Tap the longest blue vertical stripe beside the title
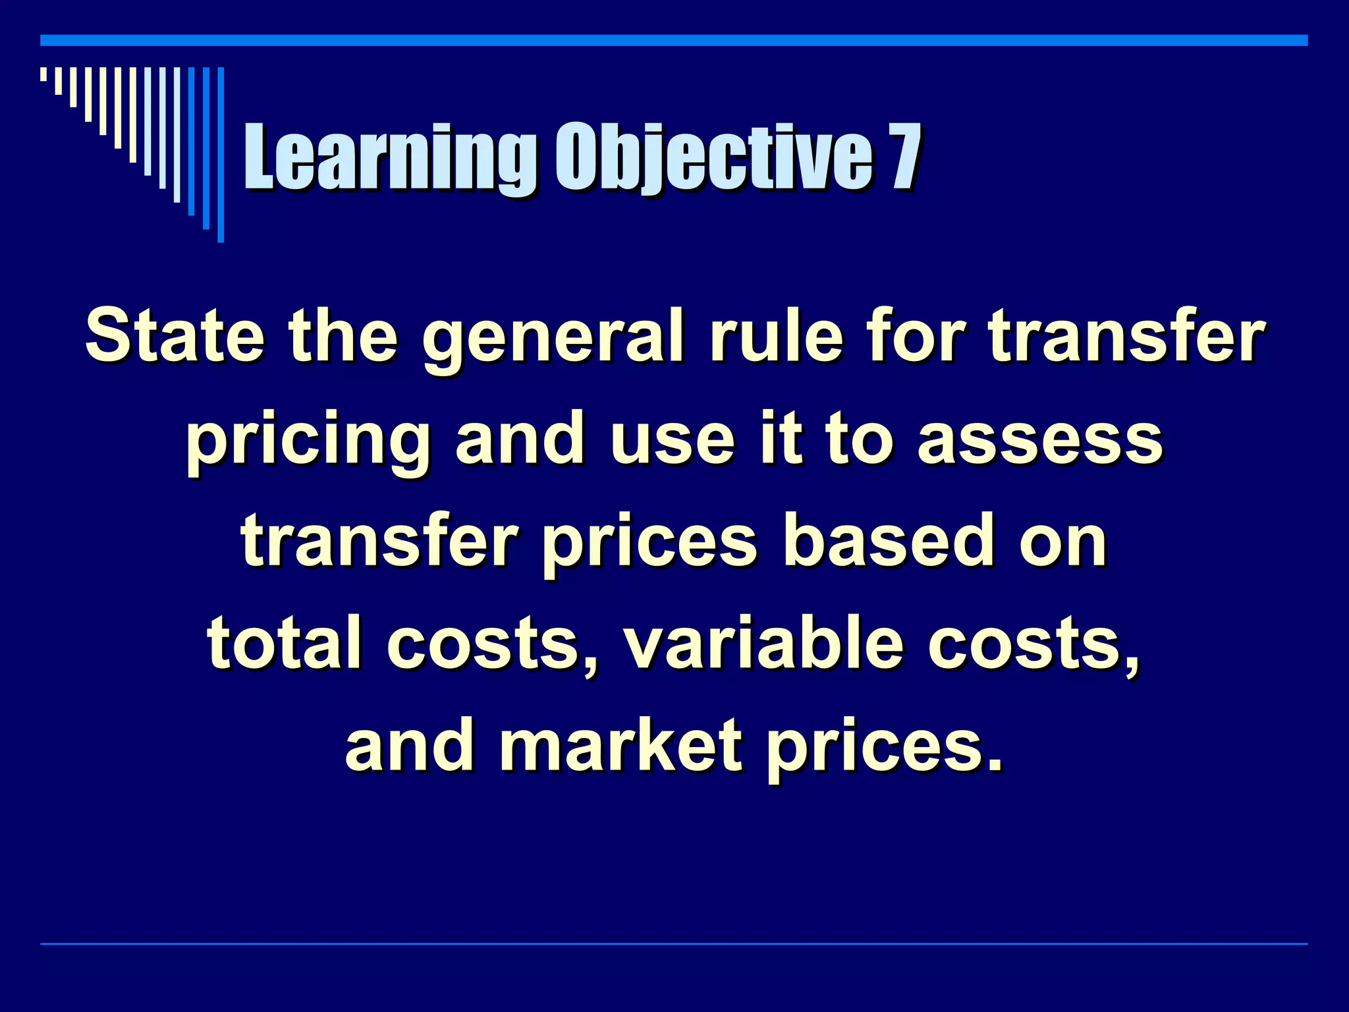(x=221, y=154)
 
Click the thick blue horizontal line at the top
(x=674, y=41)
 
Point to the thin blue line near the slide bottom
(x=674, y=944)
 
